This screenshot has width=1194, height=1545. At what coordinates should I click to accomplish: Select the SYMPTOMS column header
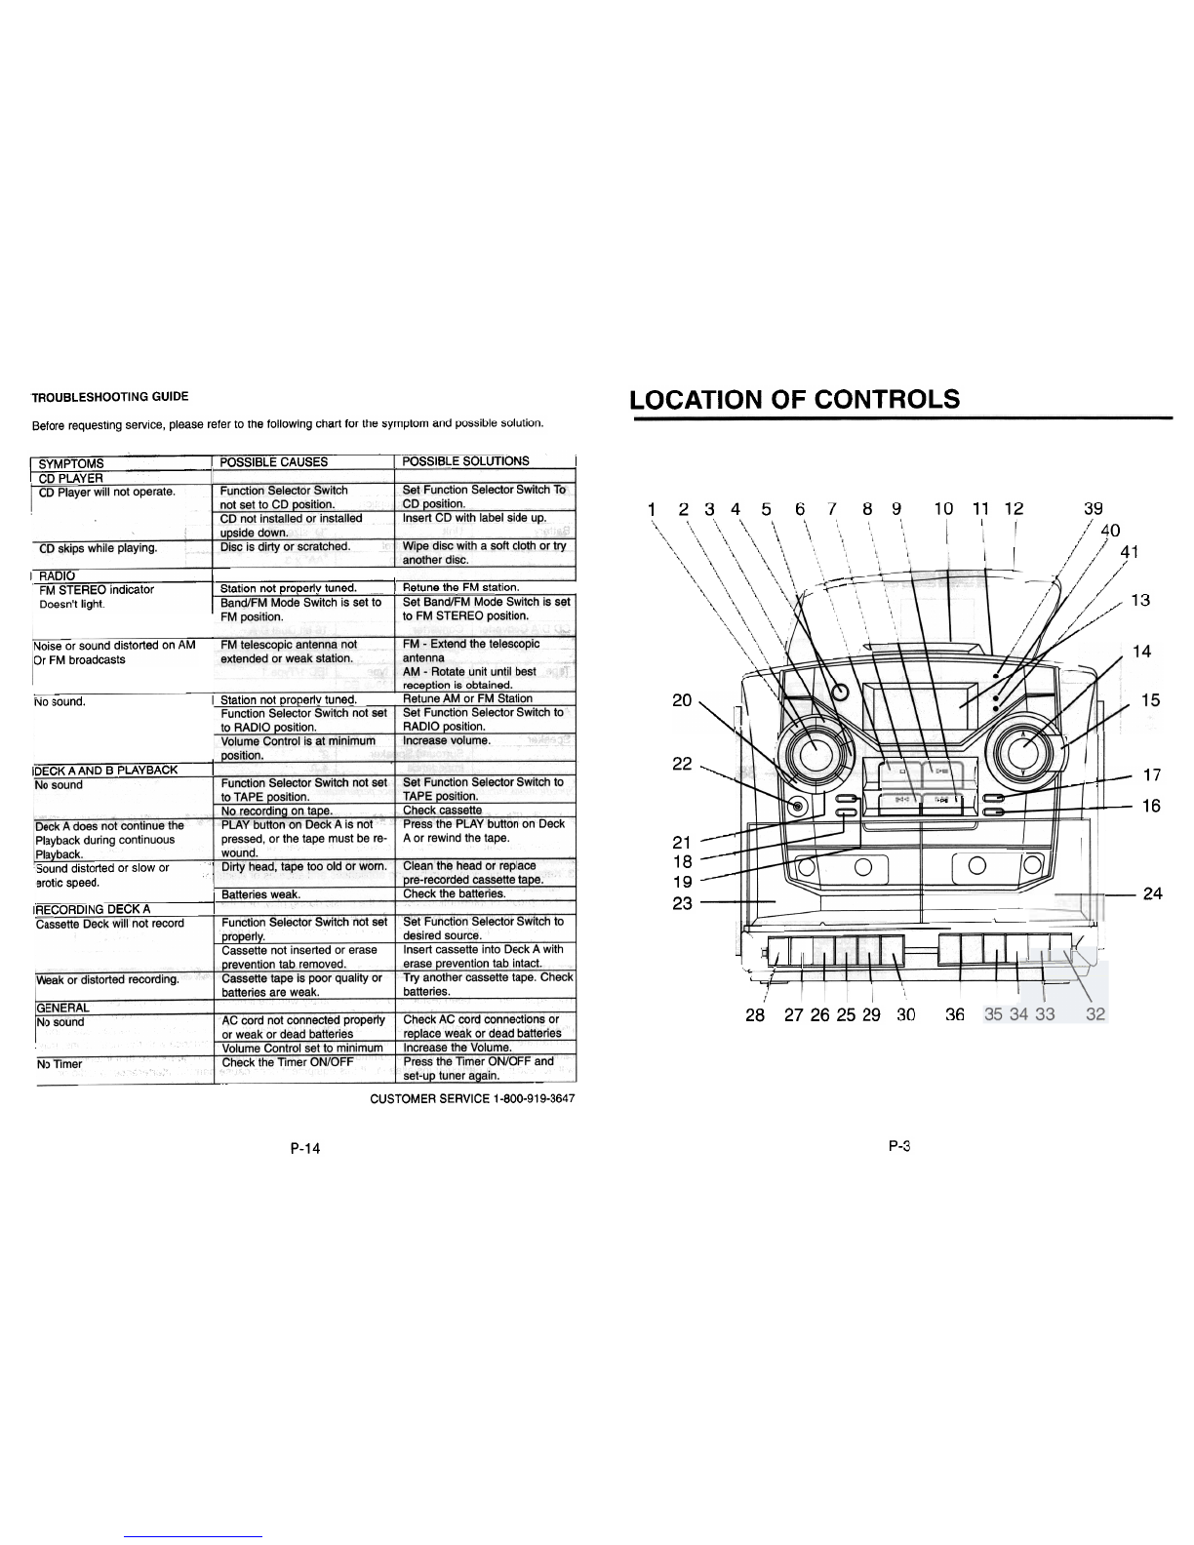[x=71, y=463]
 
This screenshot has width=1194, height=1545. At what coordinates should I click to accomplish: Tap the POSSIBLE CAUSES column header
[x=274, y=462]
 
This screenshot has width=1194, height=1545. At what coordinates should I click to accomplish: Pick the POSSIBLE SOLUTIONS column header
[x=465, y=461]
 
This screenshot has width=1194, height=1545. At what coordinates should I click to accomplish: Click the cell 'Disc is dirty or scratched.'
[x=285, y=547]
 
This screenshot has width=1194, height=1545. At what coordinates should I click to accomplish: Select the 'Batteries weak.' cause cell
[x=260, y=894]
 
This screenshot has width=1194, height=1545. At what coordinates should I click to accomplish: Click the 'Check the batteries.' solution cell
[x=454, y=894]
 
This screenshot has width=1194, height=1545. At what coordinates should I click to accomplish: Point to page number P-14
[x=304, y=1148]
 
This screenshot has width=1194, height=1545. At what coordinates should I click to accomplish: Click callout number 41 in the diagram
[x=1130, y=552]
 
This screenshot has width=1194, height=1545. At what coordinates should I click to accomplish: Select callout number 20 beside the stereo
[x=683, y=699]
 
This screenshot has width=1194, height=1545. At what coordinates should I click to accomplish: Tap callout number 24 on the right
[x=1152, y=893]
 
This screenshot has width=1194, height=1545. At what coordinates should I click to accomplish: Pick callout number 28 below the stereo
[x=755, y=1015]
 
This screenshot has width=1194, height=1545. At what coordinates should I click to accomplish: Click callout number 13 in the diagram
[x=1140, y=601]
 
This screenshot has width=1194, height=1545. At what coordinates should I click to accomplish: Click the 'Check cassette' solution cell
[x=442, y=811]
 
